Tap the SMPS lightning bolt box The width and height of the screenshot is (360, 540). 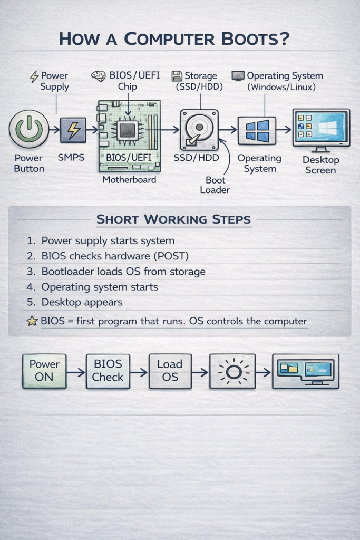[73, 130]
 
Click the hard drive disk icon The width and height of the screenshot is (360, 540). [199, 130]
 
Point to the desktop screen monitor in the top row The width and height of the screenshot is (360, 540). [321, 127]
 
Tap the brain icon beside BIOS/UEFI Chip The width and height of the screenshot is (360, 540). [98, 76]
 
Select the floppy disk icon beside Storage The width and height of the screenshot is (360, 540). [177, 76]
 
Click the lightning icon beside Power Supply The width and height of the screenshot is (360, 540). [34, 76]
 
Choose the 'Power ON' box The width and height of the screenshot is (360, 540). [44, 371]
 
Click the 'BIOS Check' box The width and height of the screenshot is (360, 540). [108, 371]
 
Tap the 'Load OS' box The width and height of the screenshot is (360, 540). [170, 371]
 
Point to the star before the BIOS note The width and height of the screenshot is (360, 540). [32, 321]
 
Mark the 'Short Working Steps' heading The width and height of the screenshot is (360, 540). [173, 219]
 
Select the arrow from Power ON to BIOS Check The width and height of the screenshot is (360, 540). [76, 372]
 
